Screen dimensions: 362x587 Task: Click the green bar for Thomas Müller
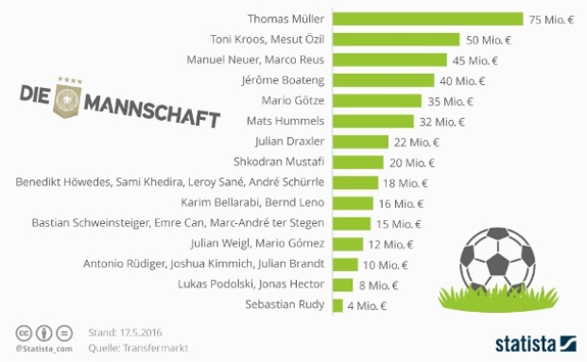click(x=426, y=19)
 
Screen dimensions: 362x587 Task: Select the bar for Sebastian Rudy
click(x=336, y=304)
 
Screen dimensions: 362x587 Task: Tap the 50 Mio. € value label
click(x=489, y=39)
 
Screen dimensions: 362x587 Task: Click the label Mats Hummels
click(x=285, y=121)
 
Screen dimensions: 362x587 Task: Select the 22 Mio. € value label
click(x=417, y=142)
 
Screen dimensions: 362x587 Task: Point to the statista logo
click(x=535, y=340)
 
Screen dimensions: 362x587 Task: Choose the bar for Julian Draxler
click(x=359, y=142)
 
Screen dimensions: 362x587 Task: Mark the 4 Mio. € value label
click(x=368, y=305)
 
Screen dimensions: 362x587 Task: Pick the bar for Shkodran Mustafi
click(x=356, y=162)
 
